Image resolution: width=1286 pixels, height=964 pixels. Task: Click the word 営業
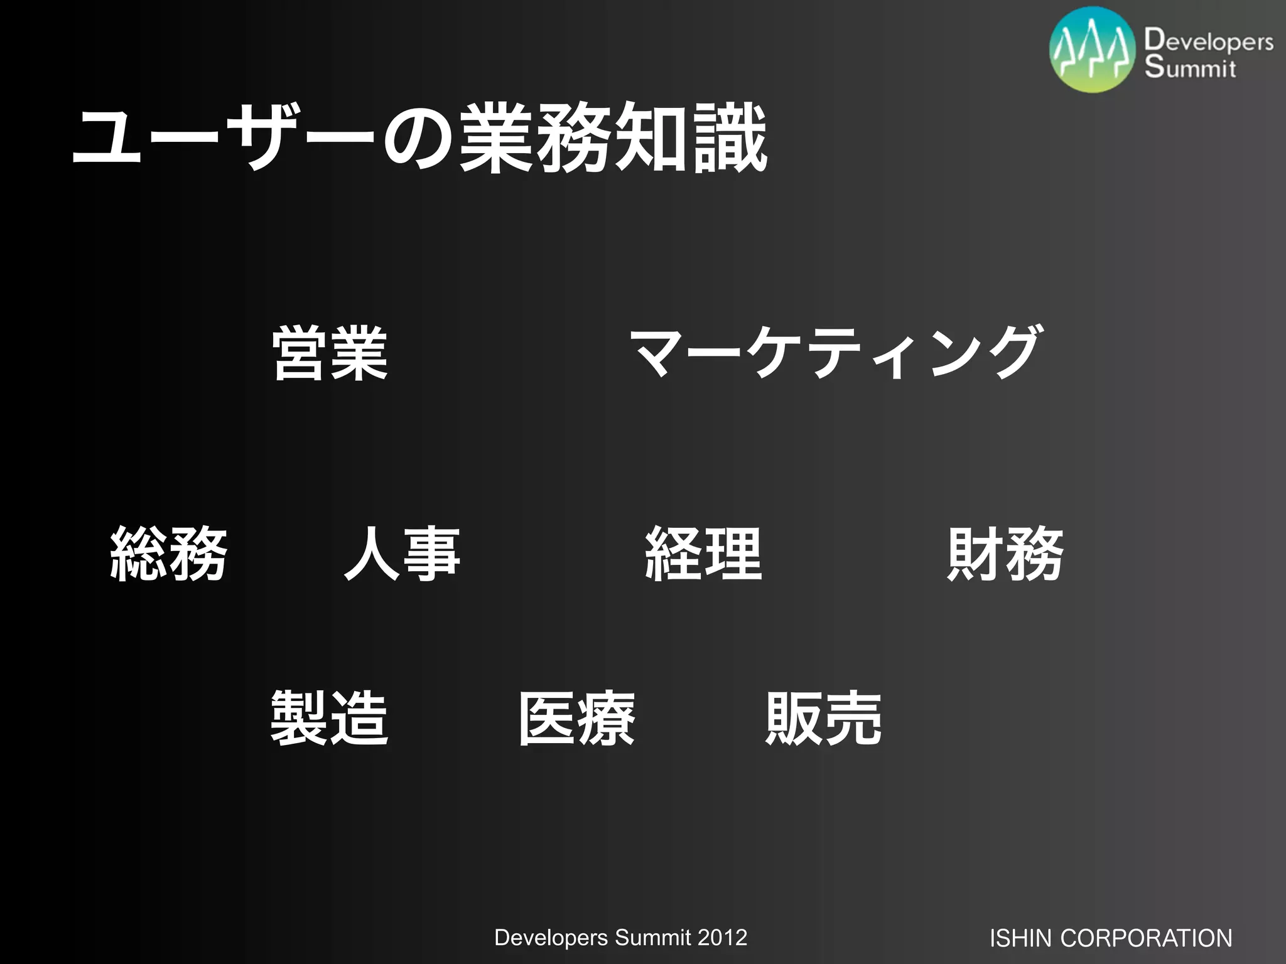click(x=330, y=353)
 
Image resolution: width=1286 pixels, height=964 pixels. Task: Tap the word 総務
click(x=168, y=554)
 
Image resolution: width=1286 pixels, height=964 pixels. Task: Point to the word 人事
click(x=403, y=554)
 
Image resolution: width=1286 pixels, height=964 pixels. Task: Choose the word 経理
click(x=703, y=554)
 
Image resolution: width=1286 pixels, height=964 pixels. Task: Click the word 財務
click(x=1005, y=554)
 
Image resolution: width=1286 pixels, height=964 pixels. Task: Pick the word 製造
click(x=330, y=718)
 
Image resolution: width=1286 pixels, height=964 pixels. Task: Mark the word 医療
click(x=576, y=718)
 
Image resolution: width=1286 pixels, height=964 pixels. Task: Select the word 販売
click(x=824, y=718)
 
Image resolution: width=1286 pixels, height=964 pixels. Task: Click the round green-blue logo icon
click(x=1093, y=50)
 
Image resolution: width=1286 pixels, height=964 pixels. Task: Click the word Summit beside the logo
click(x=1189, y=67)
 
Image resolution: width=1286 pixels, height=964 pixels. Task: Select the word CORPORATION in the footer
click(x=1146, y=938)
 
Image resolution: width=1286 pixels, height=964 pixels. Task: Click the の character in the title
click(x=418, y=139)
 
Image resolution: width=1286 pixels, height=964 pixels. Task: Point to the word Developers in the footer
click(x=551, y=938)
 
